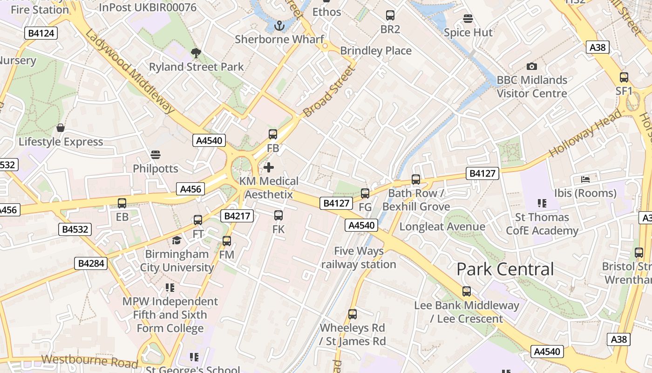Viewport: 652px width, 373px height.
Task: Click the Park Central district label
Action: click(x=505, y=269)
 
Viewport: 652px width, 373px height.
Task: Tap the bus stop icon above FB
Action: click(x=273, y=134)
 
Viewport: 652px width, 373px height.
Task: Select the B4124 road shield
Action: click(x=41, y=33)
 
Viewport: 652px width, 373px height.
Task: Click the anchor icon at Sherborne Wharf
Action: click(x=279, y=26)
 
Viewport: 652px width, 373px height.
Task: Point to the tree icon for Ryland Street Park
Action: click(x=196, y=53)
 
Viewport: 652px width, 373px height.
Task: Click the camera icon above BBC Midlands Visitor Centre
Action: click(x=531, y=67)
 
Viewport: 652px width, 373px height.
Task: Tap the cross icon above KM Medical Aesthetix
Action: click(x=269, y=167)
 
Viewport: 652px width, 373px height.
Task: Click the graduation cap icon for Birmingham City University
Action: click(x=177, y=241)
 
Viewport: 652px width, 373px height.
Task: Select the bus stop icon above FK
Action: click(x=278, y=215)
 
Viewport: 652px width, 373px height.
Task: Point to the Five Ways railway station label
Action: click(x=359, y=258)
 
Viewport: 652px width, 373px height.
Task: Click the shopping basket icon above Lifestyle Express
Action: click(x=61, y=128)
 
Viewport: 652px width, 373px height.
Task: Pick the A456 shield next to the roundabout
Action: click(x=190, y=189)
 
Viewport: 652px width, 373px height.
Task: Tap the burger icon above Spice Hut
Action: click(x=468, y=19)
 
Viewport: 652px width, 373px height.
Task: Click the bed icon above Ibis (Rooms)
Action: click(x=585, y=179)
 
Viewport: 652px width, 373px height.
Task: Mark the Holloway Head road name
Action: click(x=585, y=133)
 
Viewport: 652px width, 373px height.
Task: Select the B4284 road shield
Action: click(x=91, y=263)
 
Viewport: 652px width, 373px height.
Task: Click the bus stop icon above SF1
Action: click(x=624, y=77)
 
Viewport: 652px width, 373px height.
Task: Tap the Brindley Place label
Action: click(x=376, y=50)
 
